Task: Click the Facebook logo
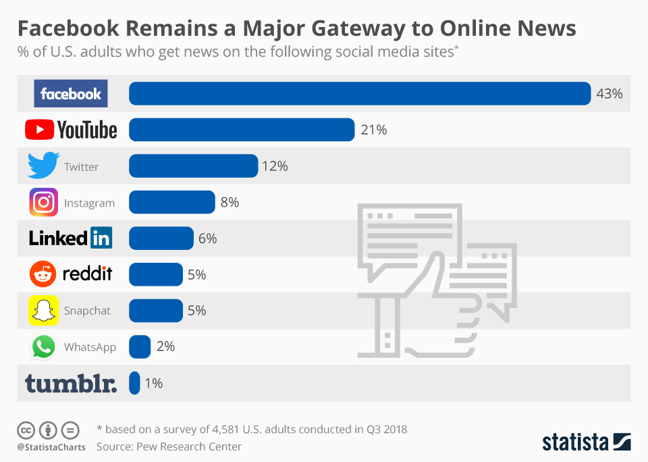point(71,94)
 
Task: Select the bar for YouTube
point(241,130)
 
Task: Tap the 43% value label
point(609,94)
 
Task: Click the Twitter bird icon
point(43,166)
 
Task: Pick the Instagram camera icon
point(43,203)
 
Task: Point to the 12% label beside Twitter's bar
point(275,166)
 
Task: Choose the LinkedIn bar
point(161,238)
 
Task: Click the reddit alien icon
point(43,274)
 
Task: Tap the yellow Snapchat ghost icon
point(43,311)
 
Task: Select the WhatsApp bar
point(140,346)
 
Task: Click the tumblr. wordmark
point(71,384)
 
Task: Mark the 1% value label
point(153,384)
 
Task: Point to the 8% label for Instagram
point(229,202)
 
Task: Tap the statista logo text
point(575,442)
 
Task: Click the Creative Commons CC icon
point(26,430)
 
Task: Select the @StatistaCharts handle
point(51,447)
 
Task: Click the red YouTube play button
point(40,130)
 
